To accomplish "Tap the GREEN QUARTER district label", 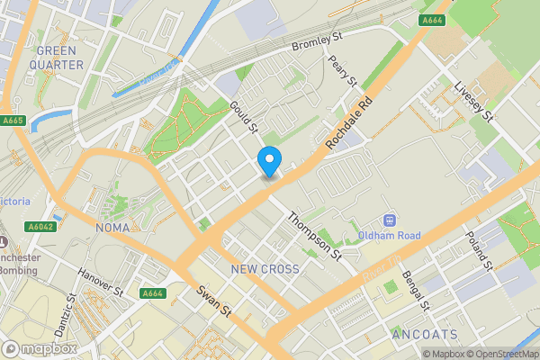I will click(56, 58).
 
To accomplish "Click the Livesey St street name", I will click(474, 102).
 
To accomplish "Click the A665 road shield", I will click(13, 121).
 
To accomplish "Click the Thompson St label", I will click(315, 237).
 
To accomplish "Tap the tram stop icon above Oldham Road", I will click(390, 220).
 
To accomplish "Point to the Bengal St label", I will click(418, 288).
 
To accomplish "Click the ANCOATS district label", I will click(425, 335).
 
